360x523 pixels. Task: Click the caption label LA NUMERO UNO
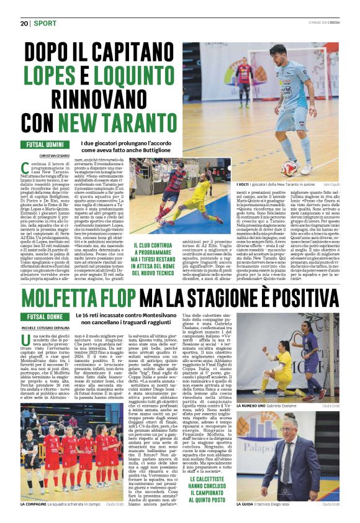[251, 405]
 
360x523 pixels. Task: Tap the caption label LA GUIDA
[245, 504]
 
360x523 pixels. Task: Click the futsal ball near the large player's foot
[287, 170]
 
